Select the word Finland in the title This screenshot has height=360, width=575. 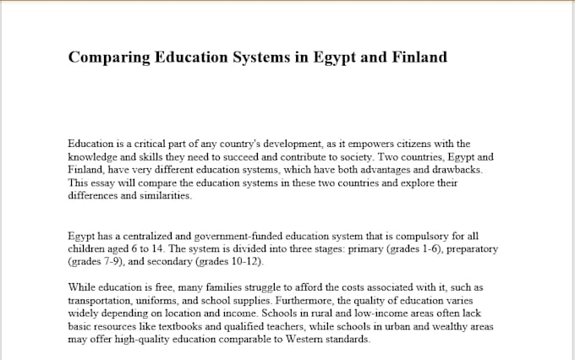(x=413, y=57)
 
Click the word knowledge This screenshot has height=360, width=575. (x=95, y=157)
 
